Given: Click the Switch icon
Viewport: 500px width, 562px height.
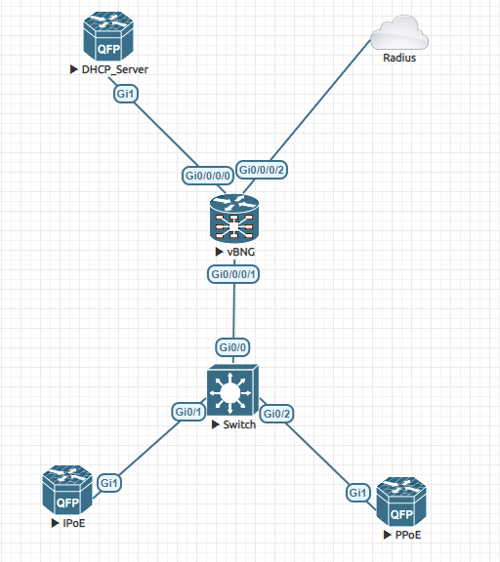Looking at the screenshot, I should click(232, 392).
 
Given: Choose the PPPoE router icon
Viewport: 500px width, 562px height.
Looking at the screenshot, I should click(401, 501).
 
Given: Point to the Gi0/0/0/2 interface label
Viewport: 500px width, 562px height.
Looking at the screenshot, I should click(263, 169).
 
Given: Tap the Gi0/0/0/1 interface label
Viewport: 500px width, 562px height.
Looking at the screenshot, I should click(234, 274).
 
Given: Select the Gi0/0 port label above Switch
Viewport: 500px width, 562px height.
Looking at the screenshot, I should click(233, 347).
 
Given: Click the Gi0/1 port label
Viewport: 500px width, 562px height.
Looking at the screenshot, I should click(188, 412).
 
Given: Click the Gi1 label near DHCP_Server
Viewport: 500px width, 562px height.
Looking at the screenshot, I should click(126, 95).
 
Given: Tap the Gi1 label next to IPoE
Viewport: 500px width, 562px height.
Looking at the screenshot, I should click(109, 483).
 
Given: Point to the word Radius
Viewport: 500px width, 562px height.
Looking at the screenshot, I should click(398, 58).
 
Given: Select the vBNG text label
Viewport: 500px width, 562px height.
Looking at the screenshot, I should click(237, 252).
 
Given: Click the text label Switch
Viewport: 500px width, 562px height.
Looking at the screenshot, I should click(237, 424).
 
